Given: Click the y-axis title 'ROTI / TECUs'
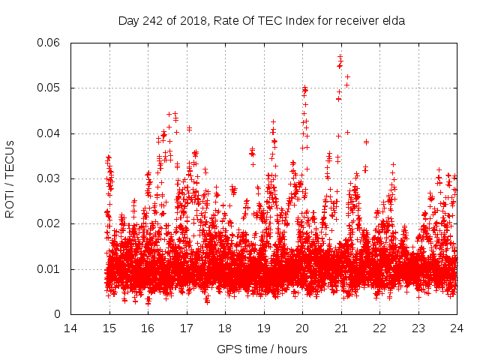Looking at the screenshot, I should pyautogui.click(x=10, y=178).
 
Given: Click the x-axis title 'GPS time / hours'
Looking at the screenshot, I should pyautogui.click(x=262, y=349).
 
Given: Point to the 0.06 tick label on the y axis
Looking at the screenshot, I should pyautogui.click(x=50, y=43).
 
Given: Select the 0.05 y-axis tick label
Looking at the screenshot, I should pyautogui.click(x=50, y=88).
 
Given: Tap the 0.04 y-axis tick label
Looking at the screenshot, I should pyautogui.click(x=50, y=133).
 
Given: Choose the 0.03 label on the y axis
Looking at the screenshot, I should pyautogui.click(x=50, y=178).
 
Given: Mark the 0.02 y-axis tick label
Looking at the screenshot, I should pyautogui.click(x=50, y=224).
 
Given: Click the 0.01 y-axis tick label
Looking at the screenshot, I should pyautogui.click(x=50, y=269).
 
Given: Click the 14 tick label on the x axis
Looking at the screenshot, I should pyautogui.click(x=70, y=328).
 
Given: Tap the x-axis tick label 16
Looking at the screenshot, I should pyautogui.click(x=148, y=328).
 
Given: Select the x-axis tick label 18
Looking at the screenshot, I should pyautogui.click(x=225, y=328).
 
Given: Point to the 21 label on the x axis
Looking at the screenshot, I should pyautogui.click(x=341, y=328).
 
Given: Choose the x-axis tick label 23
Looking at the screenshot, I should pyautogui.click(x=418, y=328).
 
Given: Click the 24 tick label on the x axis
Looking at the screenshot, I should pyautogui.click(x=457, y=328).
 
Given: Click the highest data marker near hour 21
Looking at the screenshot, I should pyautogui.click(x=340, y=56).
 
